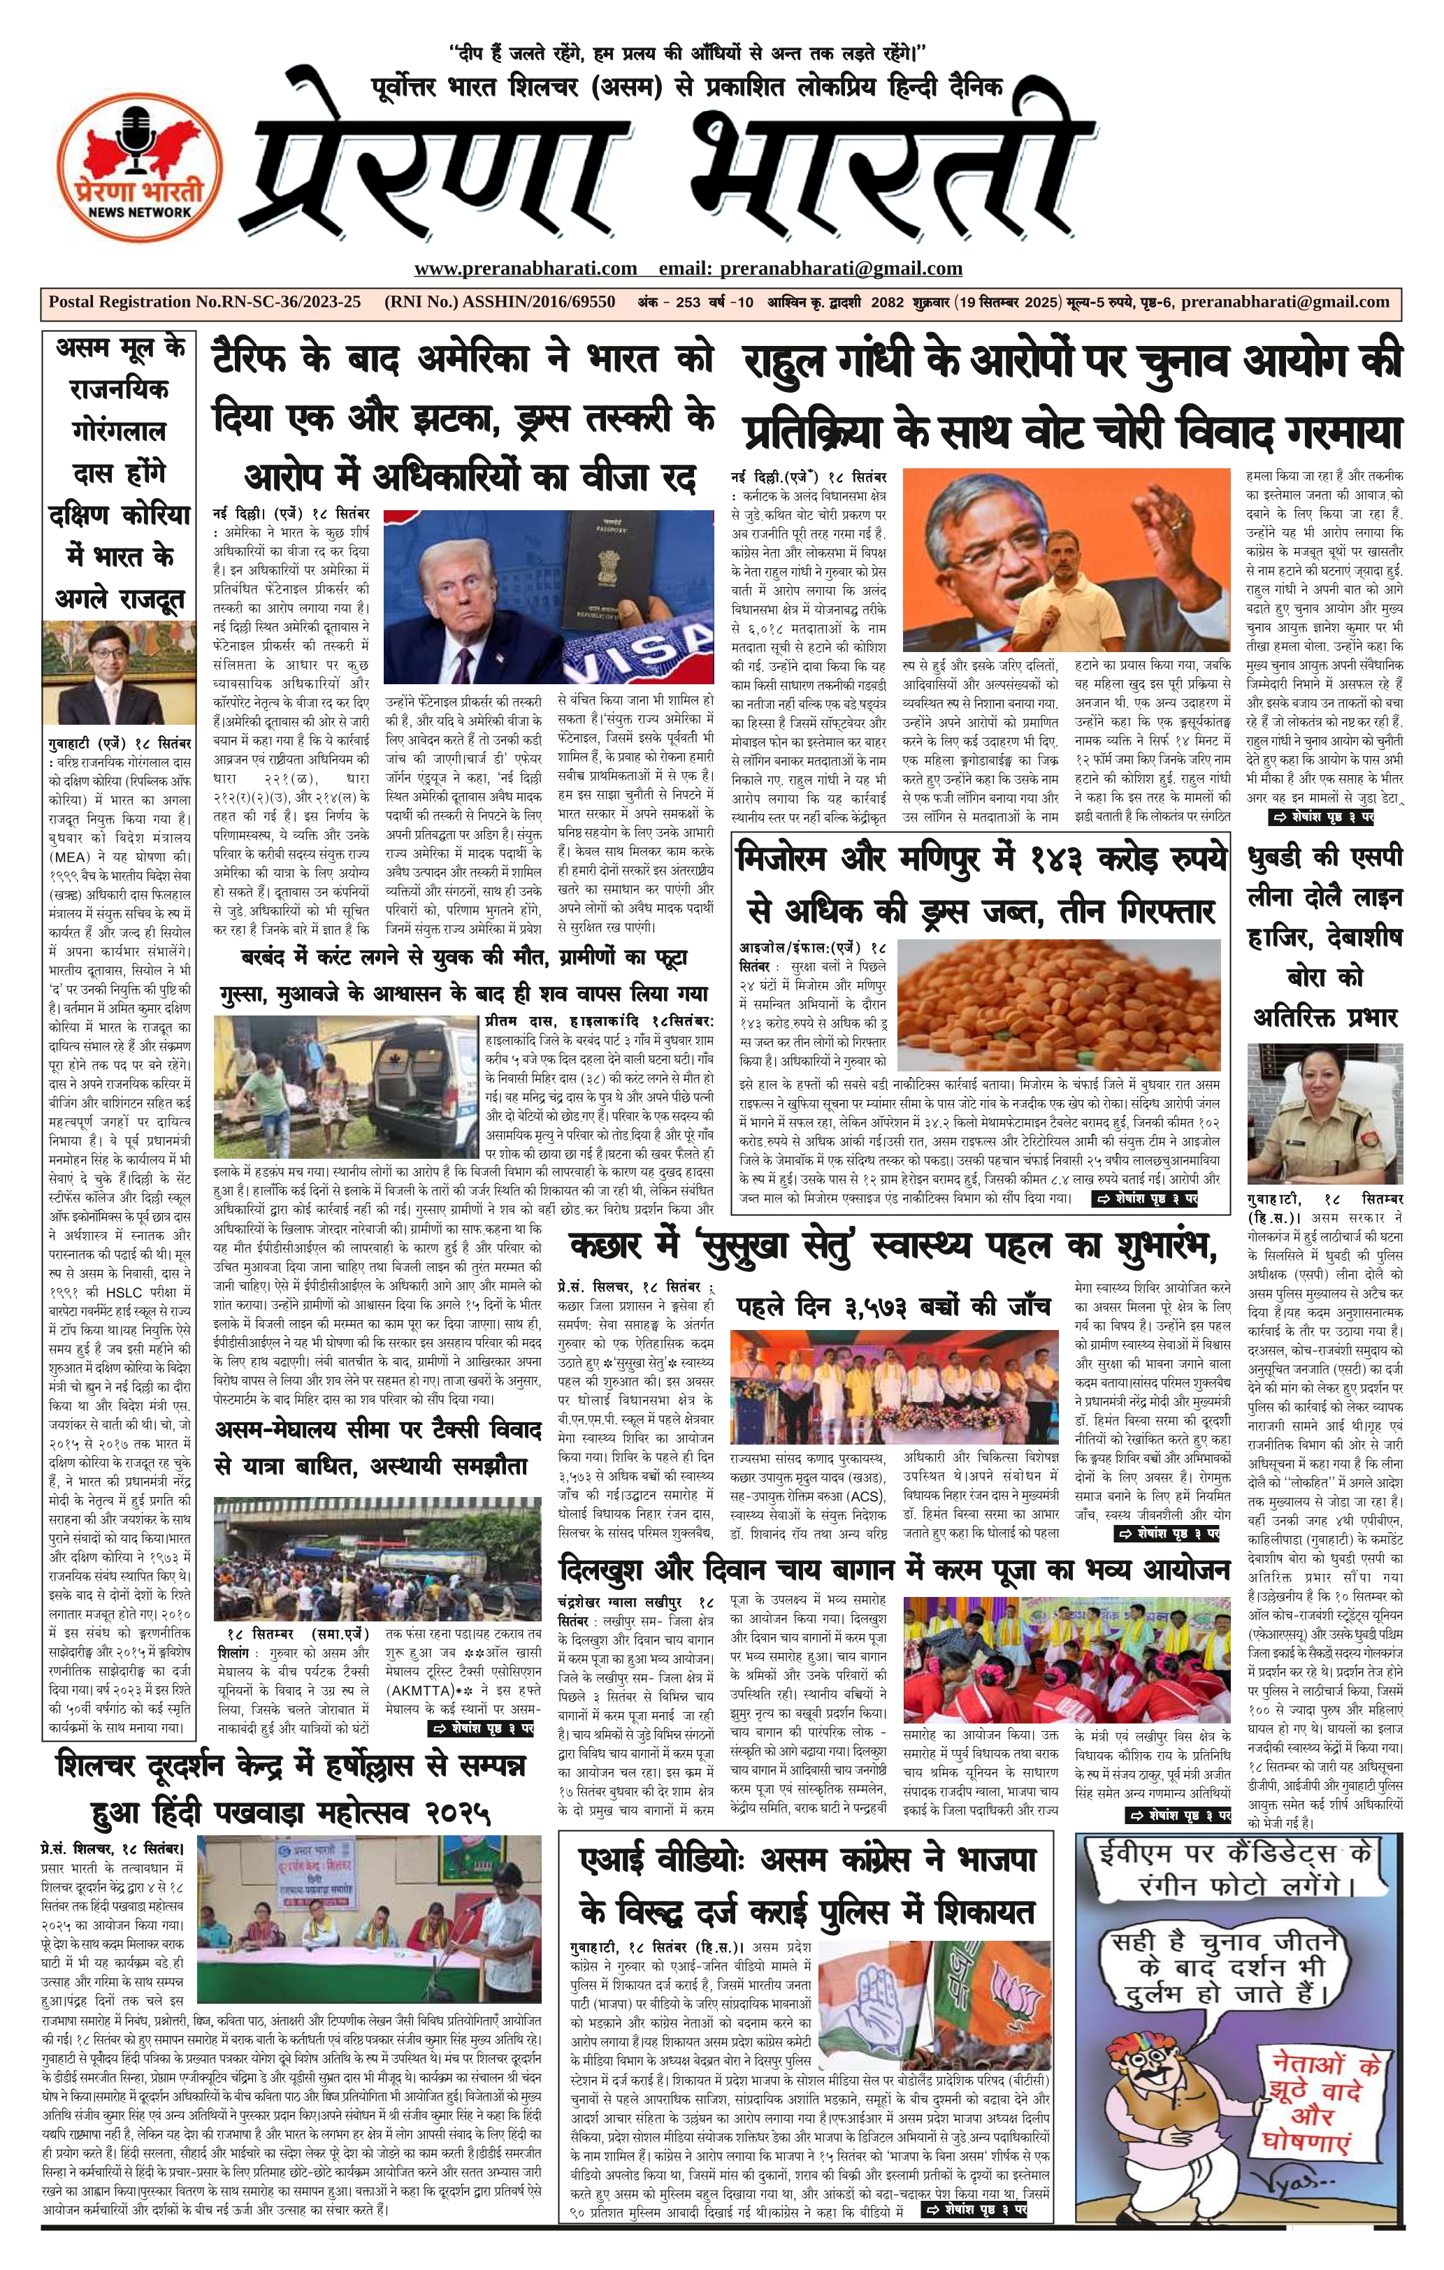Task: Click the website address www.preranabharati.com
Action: click(x=525, y=268)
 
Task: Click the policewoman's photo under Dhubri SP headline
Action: click(x=1323, y=1111)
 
